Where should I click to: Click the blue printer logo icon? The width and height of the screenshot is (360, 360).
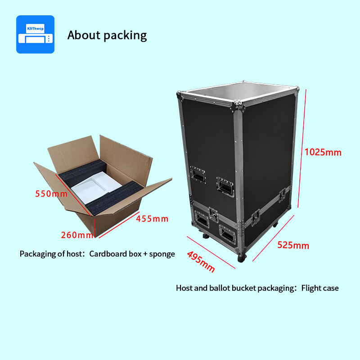pyautogui.click(x=35, y=34)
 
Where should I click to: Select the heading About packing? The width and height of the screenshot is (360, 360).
pyautogui.click(x=107, y=35)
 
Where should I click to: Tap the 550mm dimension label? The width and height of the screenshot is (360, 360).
pyautogui.click(x=51, y=194)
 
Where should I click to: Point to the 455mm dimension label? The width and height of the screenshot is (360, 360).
pyautogui.click(x=152, y=219)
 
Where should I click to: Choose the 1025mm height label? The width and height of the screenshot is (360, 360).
pyautogui.click(x=323, y=152)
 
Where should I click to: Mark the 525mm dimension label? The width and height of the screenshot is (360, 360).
pyautogui.click(x=293, y=245)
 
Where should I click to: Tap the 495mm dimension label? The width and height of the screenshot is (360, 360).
pyautogui.click(x=201, y=261)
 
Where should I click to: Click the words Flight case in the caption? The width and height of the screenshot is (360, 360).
pyautogui.click(x=320, y=288)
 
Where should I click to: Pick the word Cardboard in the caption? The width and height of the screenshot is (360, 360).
pyautogui.click(x=108, y=254)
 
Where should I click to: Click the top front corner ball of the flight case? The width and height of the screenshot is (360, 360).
pyautogui.click(x=237, y=106)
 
